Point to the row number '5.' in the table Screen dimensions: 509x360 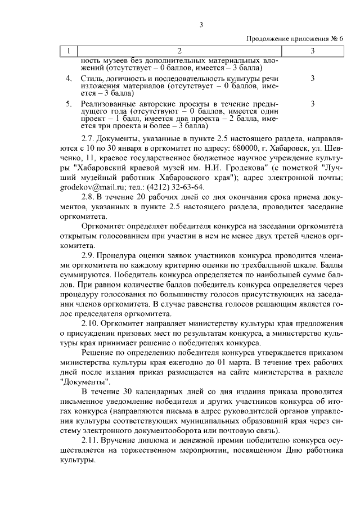click(x=68, y=104)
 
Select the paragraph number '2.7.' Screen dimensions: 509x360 click(x=91, y=137)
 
